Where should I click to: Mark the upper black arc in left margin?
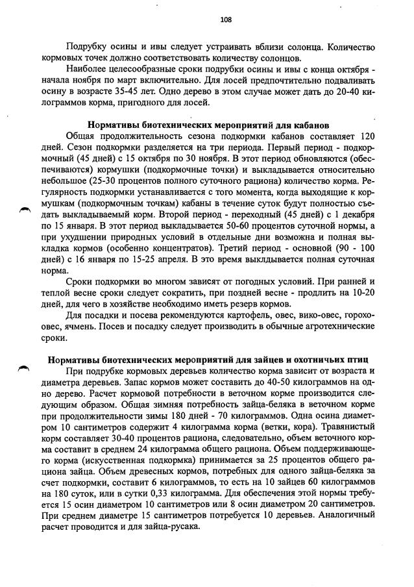pos(25,208)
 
